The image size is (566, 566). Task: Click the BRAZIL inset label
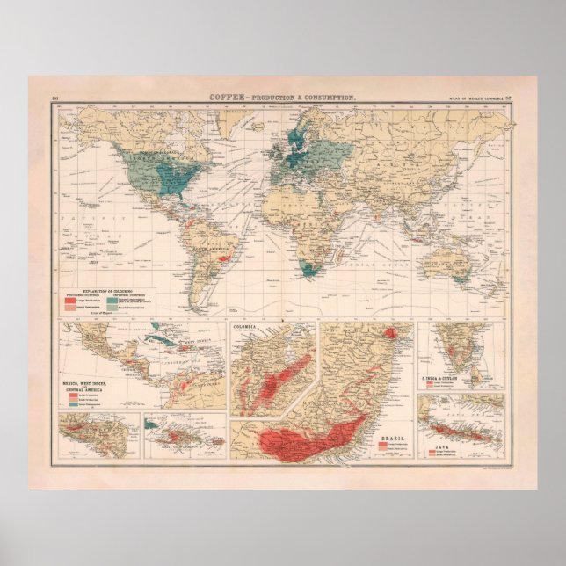coord(391,436)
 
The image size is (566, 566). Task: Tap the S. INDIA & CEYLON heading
coord(445,378)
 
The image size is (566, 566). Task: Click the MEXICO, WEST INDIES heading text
coord(83,385)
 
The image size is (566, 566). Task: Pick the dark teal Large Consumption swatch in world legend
coord(123,301)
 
